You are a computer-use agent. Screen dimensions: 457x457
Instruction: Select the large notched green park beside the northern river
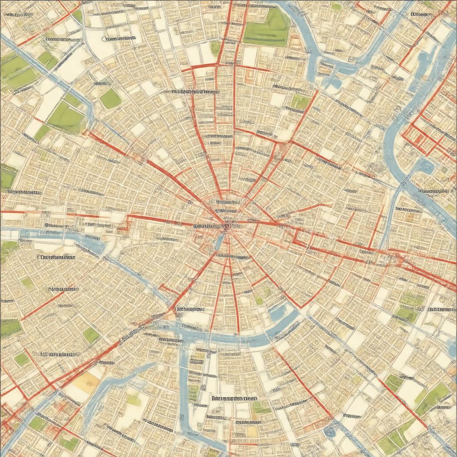click(267, 28)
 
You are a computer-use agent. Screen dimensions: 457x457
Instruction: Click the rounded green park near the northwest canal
click(110, 99)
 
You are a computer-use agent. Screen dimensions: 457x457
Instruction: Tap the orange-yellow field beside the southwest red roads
click(84, 382)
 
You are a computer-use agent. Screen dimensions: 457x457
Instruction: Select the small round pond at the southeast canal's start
click(330, 431)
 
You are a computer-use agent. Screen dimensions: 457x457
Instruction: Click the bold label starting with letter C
click(118, 38)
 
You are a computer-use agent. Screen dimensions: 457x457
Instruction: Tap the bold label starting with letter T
click(56, 258)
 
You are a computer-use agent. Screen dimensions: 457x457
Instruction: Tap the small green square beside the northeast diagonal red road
click(300, 102)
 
